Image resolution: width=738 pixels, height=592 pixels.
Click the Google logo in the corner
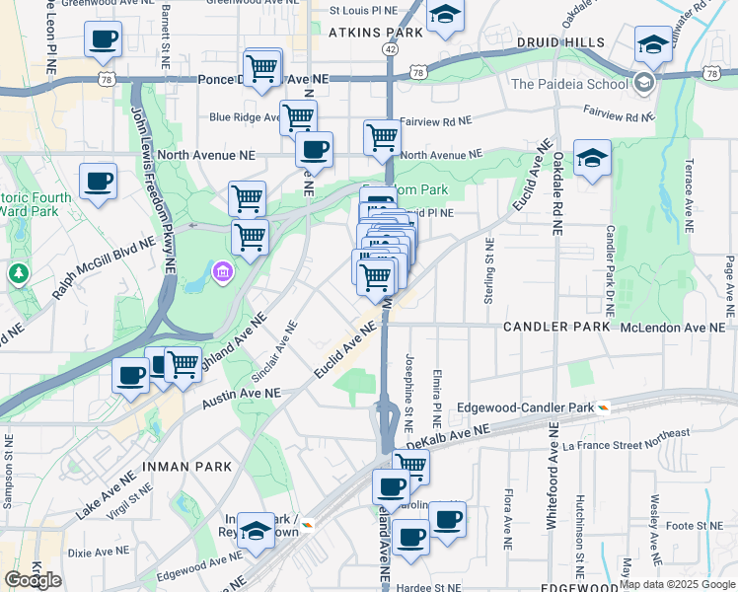[33, 580]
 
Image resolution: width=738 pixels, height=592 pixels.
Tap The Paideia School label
[569, 83]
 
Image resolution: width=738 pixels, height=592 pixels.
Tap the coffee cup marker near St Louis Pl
[103, 40]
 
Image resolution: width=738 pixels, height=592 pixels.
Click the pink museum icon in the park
[223, 270]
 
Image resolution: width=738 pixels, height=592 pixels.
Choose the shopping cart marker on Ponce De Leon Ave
[261, 68]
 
